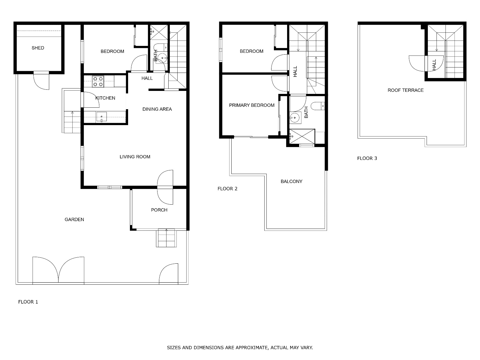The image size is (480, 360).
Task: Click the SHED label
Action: point(38,48)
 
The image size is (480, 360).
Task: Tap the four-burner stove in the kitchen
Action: point(98,82)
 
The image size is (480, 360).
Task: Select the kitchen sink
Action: point(101,117)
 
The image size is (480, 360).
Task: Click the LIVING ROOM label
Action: point(135,157)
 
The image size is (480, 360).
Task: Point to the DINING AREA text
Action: point(157,109)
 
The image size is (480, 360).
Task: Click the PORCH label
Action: point(159,210)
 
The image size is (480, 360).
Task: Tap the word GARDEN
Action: point(74,220)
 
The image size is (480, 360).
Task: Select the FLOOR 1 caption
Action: point(28,302)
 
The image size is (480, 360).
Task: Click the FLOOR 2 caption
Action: point(227,189)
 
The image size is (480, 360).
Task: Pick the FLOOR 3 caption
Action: point(367,158)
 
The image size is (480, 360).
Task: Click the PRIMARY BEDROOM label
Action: point(252,105)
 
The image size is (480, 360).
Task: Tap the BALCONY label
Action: point(292,181)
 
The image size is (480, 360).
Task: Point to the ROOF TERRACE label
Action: point(406,90)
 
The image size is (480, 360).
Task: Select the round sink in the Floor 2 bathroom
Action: point(295,118)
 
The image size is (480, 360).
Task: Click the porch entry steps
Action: point(166,238)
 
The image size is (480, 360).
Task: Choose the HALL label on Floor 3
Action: point(434,65)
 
